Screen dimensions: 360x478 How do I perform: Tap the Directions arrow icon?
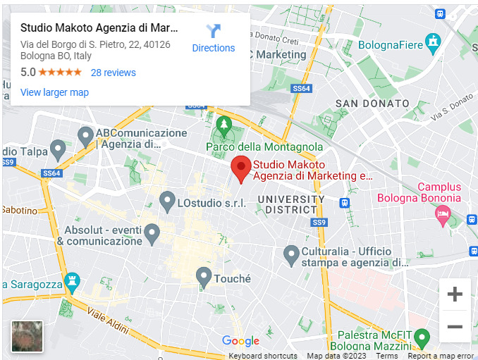[214, 31]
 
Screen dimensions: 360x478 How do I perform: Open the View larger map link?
[54, 92]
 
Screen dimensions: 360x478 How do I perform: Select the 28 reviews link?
[113, 73]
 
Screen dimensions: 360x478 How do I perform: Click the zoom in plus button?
[455, 294]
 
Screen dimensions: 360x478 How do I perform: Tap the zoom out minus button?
[455, 327]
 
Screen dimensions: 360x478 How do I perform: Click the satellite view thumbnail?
[27, 336]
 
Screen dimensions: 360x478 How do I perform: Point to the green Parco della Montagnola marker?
[224, 127]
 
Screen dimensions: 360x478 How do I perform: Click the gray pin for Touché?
[204, 277]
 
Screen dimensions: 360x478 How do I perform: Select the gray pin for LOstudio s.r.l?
[167, 201]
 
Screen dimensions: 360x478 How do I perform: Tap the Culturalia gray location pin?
[291, 255]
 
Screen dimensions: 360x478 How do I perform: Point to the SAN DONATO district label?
[372, 104]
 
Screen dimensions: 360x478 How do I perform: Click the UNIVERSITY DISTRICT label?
[290, 204]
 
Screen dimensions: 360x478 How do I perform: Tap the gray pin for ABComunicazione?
[85, 135]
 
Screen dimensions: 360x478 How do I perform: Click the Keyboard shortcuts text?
[263, 356]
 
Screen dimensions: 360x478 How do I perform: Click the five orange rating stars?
[60, 73]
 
